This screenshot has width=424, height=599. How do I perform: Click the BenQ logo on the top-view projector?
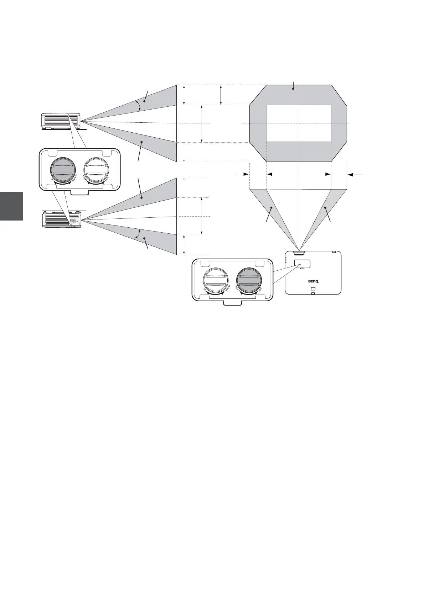pos(313,281)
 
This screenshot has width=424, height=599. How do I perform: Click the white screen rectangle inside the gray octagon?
pos(299,123)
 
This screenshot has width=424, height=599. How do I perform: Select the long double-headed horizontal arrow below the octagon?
pos(299,174)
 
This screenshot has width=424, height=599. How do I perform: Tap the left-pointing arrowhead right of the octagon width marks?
pos(351,174)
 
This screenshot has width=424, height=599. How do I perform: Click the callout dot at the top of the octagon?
pos(293,89)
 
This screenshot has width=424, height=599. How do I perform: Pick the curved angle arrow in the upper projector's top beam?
pos(138,105)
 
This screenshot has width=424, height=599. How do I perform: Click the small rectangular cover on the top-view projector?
pos(302,264)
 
